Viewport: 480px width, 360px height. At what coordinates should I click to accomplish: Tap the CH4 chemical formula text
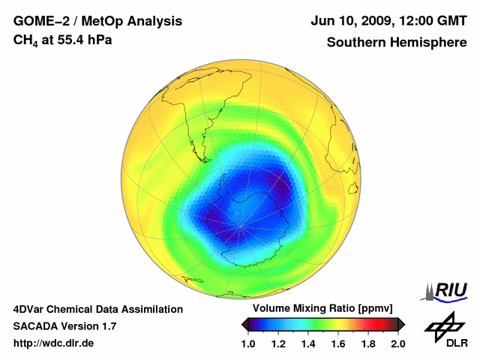(25, 40)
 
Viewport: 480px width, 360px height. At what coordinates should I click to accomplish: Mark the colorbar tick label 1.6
(337, 343)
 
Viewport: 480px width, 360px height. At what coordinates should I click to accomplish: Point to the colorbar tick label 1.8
(367, 343)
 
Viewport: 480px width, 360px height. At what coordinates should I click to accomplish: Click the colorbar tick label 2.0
(397, 343)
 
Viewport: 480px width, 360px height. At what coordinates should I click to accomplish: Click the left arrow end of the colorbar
(244, 324)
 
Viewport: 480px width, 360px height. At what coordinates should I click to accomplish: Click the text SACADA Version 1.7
(64, 326)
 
